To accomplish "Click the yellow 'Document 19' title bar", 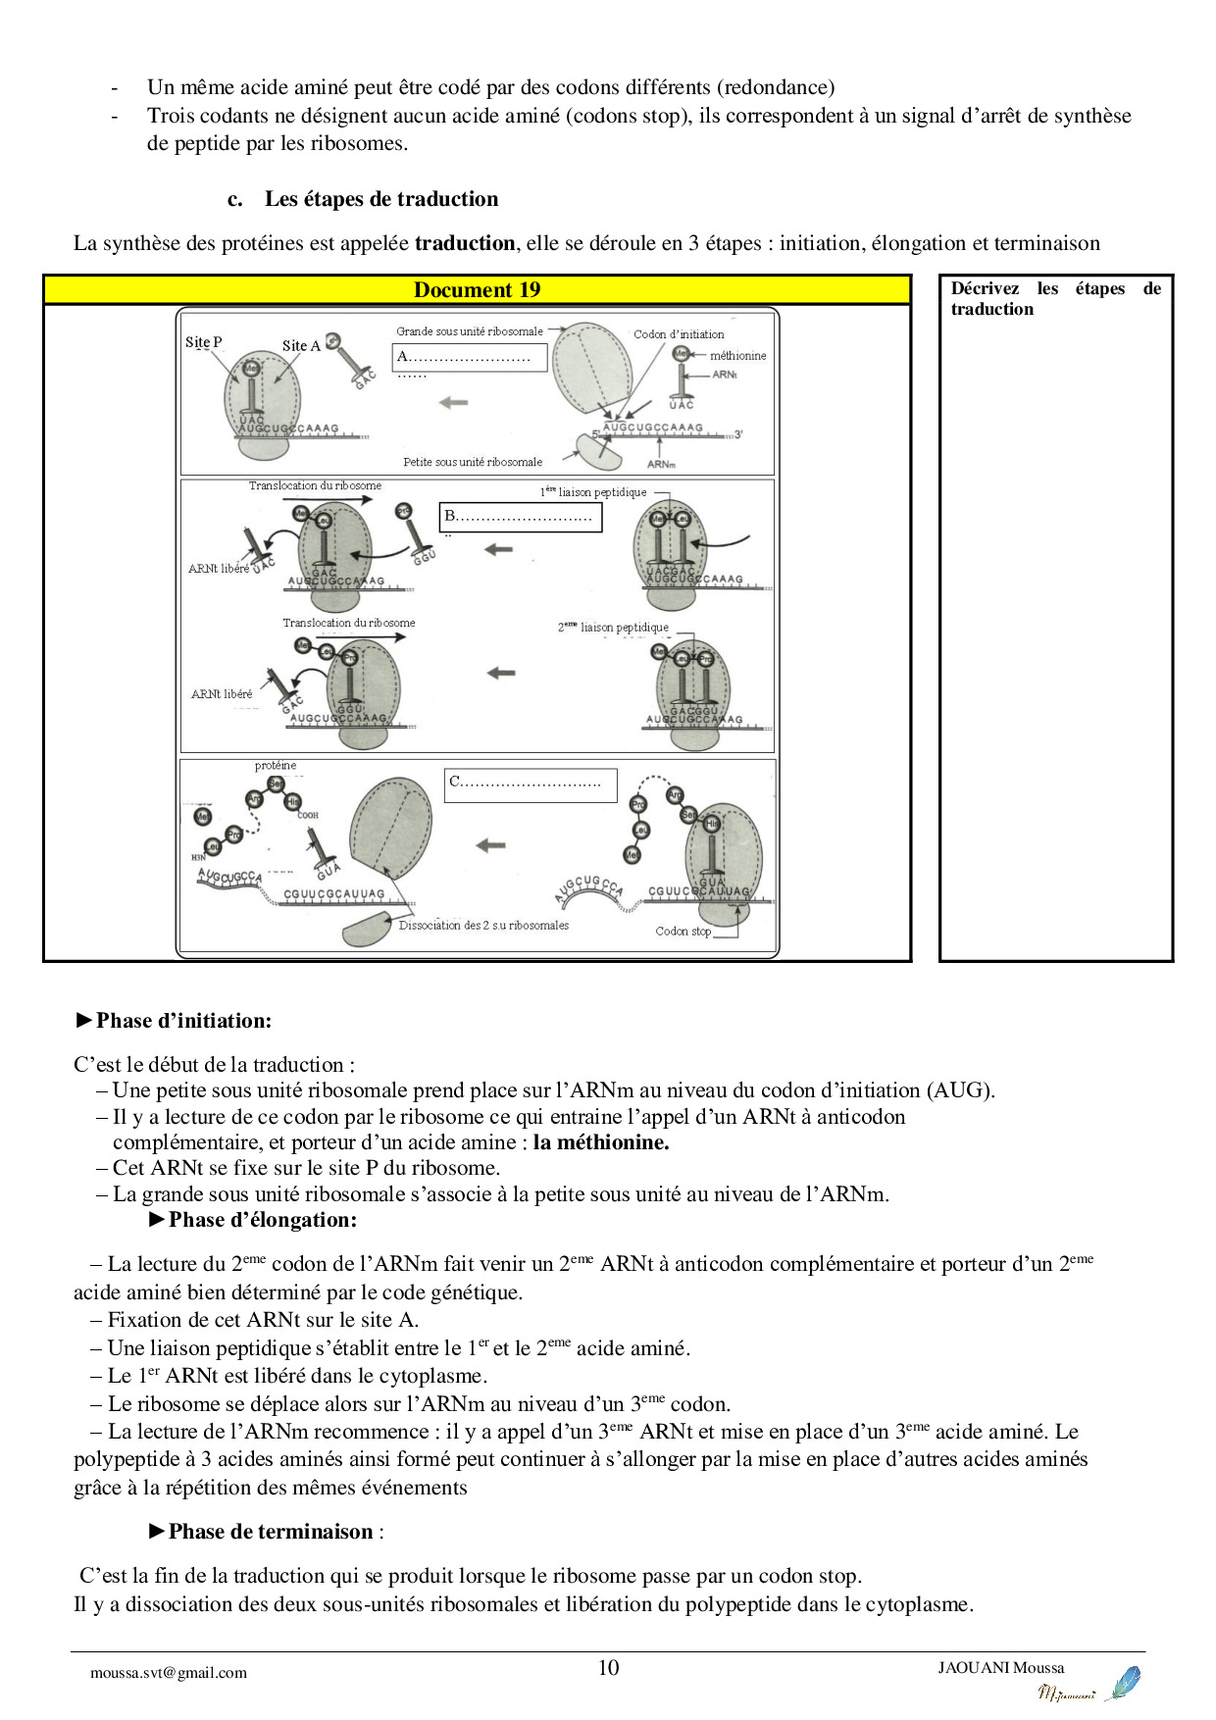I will pyautogui.click(x=477, y=289).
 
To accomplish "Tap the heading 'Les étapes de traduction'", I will pyautogui.click(x=380, y=199).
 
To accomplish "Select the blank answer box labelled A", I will pyautogui.click(x=469, y=357).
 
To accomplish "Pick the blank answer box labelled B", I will pyautogui.click(x=520, y=516).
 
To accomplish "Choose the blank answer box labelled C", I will pyautogui.click(x=530, y=784).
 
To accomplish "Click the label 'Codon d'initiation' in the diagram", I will pyautogui.click(x=679, y=334).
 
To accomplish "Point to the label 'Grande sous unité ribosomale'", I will pyautogui.click(x=469, y=331).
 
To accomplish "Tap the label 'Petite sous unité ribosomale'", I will pyautogui.click(x=473, y=462).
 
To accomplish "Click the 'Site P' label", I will pyautogui.click(x=203, y=342).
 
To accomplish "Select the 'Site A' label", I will pyautogui.click(x=301, y=345).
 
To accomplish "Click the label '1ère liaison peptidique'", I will pyautogui.click(x=593, y=492).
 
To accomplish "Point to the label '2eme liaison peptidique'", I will pyautogui.click(x=614, y=628).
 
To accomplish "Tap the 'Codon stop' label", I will pyautogui.click(x=683, y=931).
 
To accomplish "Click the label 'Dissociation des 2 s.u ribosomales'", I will pyautogui.click(x=483, y=925).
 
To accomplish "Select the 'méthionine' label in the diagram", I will pyautogui.click(x=738, y=356).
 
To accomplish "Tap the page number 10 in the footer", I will pyautogui.click(x=608, y=1667).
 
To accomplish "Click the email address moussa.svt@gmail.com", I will pyautogui.click(x=169, y=1673).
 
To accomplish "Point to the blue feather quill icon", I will pyautogui.click(x=1123, y=1683).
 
